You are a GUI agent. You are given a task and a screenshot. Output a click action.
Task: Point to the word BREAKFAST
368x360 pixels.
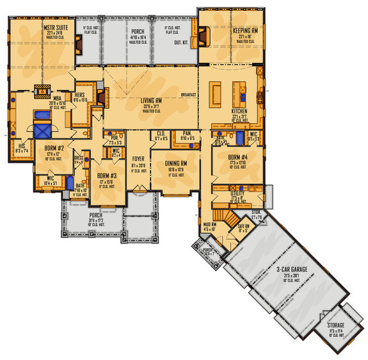pyautogui.click(x=188, y=94)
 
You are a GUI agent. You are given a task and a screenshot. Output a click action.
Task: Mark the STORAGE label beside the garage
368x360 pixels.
pyautogui.click(x=336, y=325)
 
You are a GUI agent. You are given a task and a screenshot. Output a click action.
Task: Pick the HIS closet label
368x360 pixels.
pyautogui.click(x=20, y=145)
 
